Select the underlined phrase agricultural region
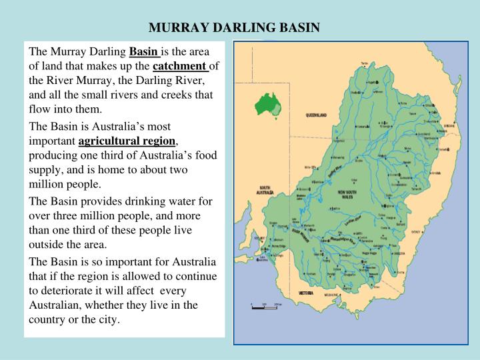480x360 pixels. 127,141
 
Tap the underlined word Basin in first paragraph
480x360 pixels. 143,51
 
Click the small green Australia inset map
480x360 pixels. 270,104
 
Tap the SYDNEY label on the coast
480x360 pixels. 418,231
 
